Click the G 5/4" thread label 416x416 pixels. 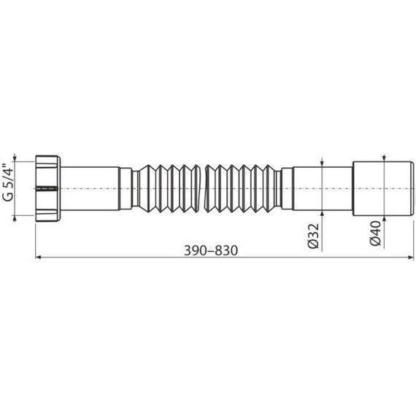8,182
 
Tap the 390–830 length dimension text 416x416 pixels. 211,250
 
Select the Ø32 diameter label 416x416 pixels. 313,236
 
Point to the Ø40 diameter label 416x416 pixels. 376,234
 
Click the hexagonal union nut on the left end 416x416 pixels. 47,188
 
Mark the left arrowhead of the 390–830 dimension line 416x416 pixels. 38,257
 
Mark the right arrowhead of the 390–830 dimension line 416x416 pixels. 411,257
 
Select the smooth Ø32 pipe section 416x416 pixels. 323,188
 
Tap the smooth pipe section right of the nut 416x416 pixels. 90,188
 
